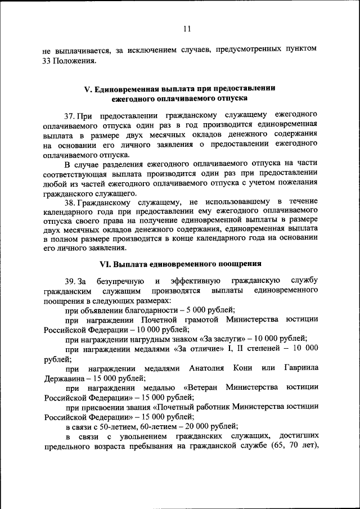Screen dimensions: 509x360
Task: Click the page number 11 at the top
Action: [187, 29]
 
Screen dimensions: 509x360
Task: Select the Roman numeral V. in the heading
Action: [88, 89]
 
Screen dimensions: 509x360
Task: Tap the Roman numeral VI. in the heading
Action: [105, 264]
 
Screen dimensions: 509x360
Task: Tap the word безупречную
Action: [120, 281]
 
